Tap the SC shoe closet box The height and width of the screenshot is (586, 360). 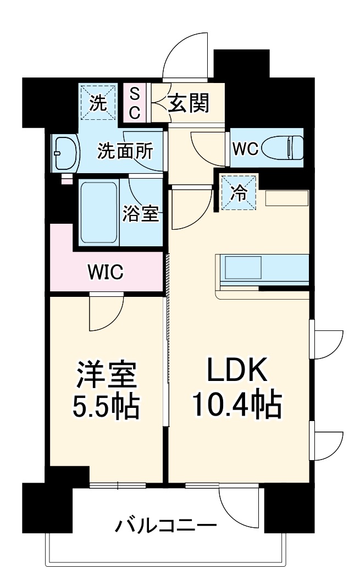[135, 103]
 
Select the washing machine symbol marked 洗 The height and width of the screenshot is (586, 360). [98, 103]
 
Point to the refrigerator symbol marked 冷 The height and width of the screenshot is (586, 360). [239, 192]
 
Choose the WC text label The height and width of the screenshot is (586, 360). [245, 150]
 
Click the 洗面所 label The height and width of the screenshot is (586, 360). [125, 151]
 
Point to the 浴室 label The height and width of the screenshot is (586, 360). [141, 214]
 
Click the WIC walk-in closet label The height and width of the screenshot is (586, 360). [106, 272]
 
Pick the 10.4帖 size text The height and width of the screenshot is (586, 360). [236, 406]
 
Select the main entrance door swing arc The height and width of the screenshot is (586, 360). [186, 55]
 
